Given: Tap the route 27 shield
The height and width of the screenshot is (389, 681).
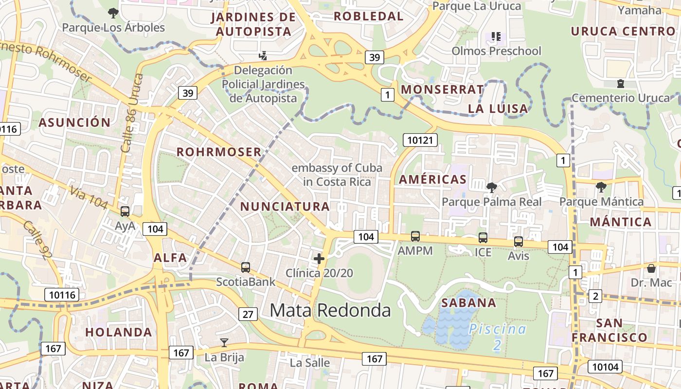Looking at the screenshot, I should pos(248,314).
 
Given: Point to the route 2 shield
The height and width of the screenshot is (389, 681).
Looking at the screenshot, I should pos(595,296).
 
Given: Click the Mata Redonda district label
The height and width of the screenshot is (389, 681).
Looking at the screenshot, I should pos(330,310).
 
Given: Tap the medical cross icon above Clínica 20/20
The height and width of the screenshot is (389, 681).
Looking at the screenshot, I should pos(319,259).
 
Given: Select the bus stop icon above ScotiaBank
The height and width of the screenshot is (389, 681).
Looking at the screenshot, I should pos(246,267).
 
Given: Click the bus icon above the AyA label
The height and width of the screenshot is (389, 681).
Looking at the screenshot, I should pos(125,212).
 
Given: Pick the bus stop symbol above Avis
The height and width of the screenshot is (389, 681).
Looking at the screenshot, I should pos(519,242).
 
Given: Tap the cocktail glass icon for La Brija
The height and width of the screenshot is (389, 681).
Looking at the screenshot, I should pos(224,343).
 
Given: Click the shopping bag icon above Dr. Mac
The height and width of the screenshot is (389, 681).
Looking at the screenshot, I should pos(651,268).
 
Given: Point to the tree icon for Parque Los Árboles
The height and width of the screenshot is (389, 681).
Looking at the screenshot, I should pos(113,13).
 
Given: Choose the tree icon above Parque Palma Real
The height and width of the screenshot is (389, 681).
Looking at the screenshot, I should pos(491,187).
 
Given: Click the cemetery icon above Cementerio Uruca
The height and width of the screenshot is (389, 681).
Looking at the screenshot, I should pos(621,84).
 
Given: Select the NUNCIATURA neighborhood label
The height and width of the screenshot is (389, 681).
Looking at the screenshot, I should pos(285,206).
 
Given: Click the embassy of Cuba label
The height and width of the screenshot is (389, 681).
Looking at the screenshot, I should pos(337,175).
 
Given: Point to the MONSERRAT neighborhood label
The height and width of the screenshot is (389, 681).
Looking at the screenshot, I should pos(442,89).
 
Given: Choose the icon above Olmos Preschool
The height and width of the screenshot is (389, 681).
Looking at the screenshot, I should pos(496,36).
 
